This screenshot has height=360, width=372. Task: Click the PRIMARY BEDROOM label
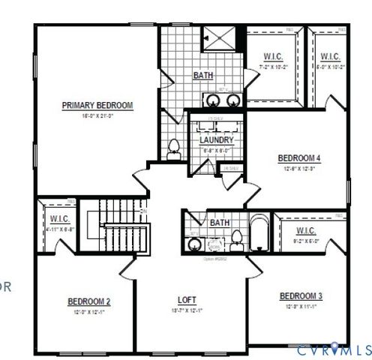pos(97,106)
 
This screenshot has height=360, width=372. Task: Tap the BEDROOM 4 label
pos(299,158)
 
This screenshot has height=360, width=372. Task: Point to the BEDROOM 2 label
pos(89,301)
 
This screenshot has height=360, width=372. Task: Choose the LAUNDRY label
pos(216,140)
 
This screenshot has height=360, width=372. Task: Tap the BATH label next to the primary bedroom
pos(202,76)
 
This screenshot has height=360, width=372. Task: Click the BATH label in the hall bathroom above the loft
pos(219,223)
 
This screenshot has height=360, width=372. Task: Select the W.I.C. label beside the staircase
pos(60,219)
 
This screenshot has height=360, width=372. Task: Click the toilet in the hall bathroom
pos(236,239)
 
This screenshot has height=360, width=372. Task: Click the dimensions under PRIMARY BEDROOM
pos(97,116)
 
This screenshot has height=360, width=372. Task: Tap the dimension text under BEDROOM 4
pos(299,169)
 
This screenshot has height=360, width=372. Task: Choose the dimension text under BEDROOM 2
pos(89,312)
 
